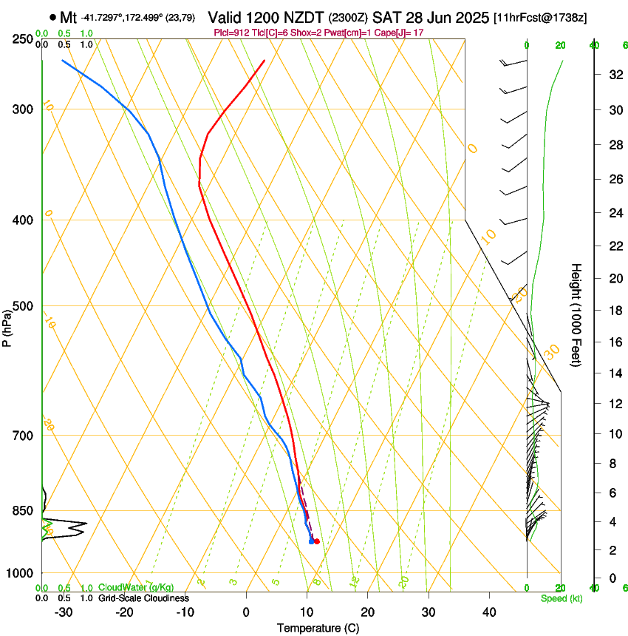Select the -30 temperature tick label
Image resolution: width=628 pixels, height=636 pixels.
pos(64,612)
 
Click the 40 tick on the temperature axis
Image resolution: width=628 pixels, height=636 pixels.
pos(488,612)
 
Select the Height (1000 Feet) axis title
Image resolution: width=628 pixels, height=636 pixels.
pos(576,315)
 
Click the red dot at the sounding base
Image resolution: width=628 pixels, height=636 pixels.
pos(317,541)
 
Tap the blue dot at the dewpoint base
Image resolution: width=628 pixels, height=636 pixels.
pos(311,541)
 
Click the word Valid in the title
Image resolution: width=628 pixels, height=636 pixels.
pos(225,17)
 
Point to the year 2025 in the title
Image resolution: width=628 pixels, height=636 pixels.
pos(470,17)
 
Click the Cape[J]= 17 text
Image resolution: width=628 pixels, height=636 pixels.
pos(399,33)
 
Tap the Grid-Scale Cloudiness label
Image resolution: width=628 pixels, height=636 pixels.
pos(144,598)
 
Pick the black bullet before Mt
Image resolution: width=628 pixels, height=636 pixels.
pos(52,17)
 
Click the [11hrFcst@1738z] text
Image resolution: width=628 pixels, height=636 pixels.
pos(540,17)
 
